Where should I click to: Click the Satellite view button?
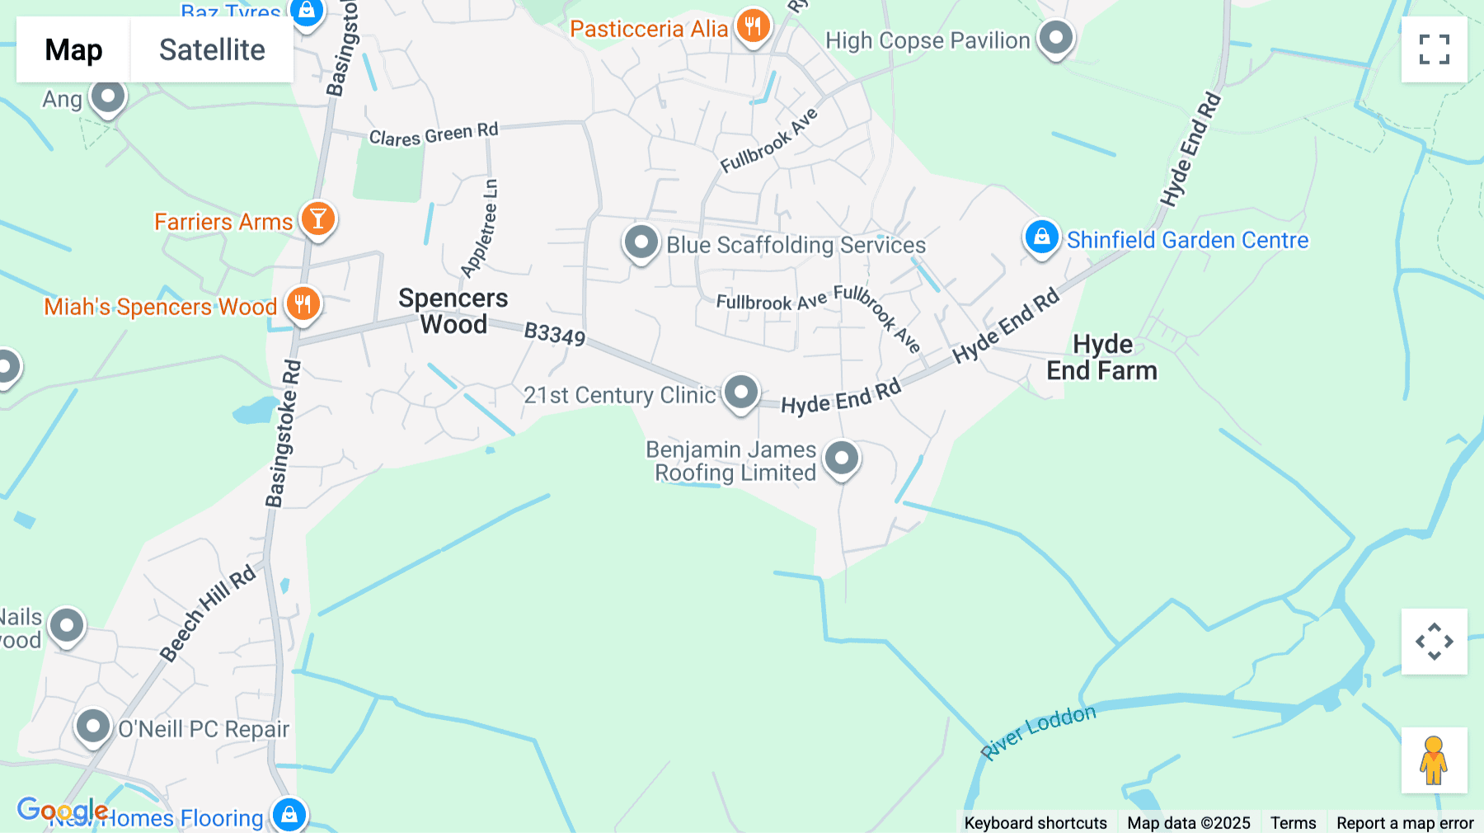pos(212,49)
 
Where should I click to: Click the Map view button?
pos(73,49)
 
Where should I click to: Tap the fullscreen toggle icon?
pos(1434,49)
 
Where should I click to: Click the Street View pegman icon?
pos(1434,760)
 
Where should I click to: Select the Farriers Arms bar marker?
pos(317,219)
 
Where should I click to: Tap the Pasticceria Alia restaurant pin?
pos(753,26)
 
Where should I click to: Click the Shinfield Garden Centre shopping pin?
pos(1041,237)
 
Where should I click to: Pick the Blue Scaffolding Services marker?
pos(641,242)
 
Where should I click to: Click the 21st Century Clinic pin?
pos(740,392)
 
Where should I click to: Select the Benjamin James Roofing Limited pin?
pos(842,458)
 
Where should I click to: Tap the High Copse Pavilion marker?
pos(1055,37)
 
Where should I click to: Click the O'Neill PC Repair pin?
pos(93,727)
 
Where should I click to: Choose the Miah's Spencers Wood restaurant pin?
pos(303,304)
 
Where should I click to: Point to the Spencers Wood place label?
pos(453,311)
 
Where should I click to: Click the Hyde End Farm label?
pos(1101,357)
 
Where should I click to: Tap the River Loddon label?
pos(1038,731)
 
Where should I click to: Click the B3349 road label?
pos(555,334)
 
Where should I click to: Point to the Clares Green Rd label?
pos(434,134)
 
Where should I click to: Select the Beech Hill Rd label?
pos(208,614)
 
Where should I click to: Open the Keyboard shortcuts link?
pos(1036,822)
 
